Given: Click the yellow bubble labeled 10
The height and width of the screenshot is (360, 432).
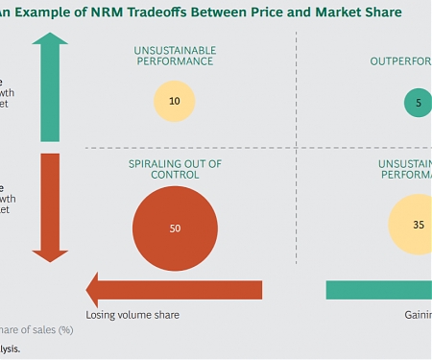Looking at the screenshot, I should (174, 101).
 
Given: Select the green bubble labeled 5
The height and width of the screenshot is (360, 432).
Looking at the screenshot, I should (418, 102).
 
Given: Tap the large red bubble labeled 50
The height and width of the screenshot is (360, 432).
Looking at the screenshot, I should (174, 228).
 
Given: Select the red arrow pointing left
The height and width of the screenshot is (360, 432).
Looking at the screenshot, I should (173, 289).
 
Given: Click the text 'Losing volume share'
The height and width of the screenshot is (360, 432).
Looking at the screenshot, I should (132, 314).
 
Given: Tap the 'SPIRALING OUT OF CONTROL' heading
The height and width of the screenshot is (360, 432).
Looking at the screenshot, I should (175, 170).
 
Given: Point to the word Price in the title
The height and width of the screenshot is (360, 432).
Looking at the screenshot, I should (285, 12).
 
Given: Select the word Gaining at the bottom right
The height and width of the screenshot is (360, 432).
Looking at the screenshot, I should (417, 314).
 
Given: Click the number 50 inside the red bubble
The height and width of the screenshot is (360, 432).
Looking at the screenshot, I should (174, 228).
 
